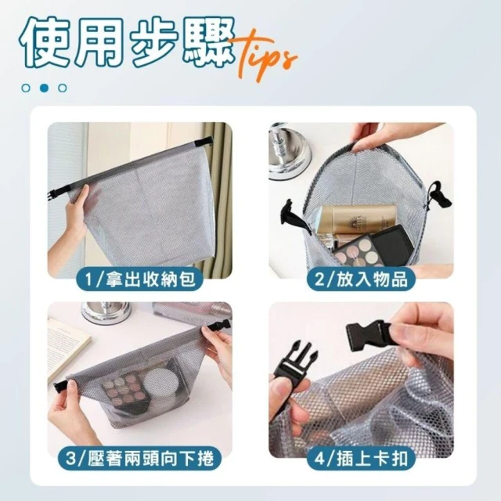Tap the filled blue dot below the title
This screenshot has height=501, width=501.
click(44, 88)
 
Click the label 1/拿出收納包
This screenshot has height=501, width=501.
click(140, 279)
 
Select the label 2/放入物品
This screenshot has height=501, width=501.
click(361, 279)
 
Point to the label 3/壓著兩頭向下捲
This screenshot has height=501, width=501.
click(139, 458)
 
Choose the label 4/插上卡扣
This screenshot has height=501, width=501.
click(361, 458)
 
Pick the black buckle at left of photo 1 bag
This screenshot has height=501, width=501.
click(55, 194)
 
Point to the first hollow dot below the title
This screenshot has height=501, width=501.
click(26, 88)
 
